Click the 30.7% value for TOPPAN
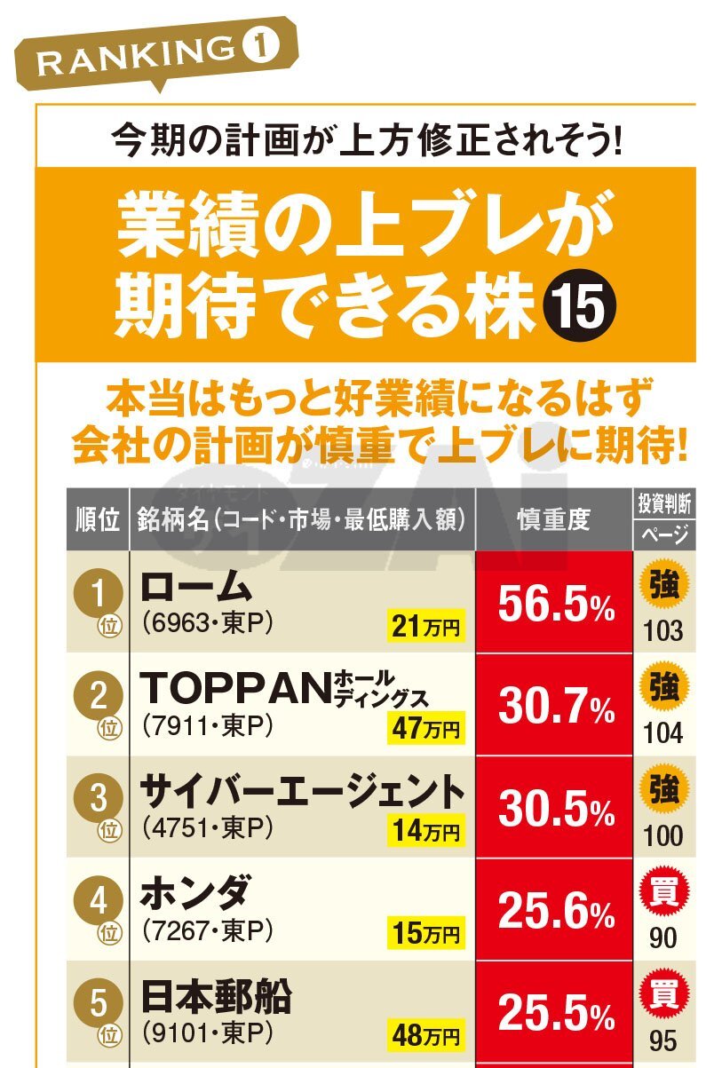tap(555, 708)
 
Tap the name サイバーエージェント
tap(302, 791)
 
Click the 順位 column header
tap(97, 519)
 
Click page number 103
tap(663, 631)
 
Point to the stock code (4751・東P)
tap(206, 828)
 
